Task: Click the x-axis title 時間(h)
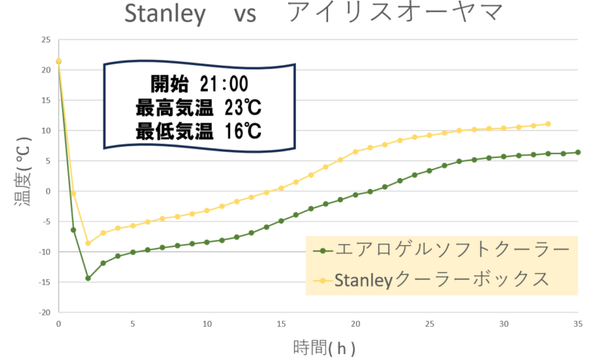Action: pos(322,347)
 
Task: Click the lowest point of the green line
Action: pos(88,278)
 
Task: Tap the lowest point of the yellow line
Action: pos(88,243)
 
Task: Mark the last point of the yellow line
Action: pos(548,123)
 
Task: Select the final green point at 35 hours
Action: pos(579,152)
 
